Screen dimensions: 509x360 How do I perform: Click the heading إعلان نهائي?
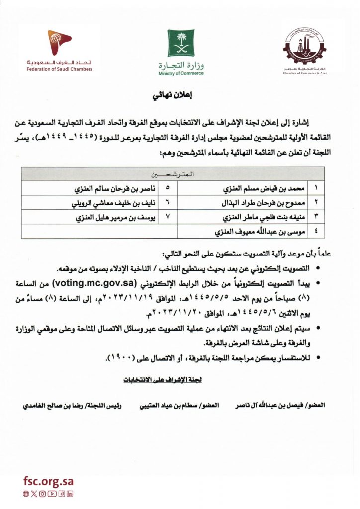click(180, 96)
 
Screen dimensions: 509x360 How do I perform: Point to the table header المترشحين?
click(172, 175)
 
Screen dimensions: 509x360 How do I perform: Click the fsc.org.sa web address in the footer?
click(48, 481)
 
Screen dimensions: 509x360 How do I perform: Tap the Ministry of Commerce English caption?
click(181, 73)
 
